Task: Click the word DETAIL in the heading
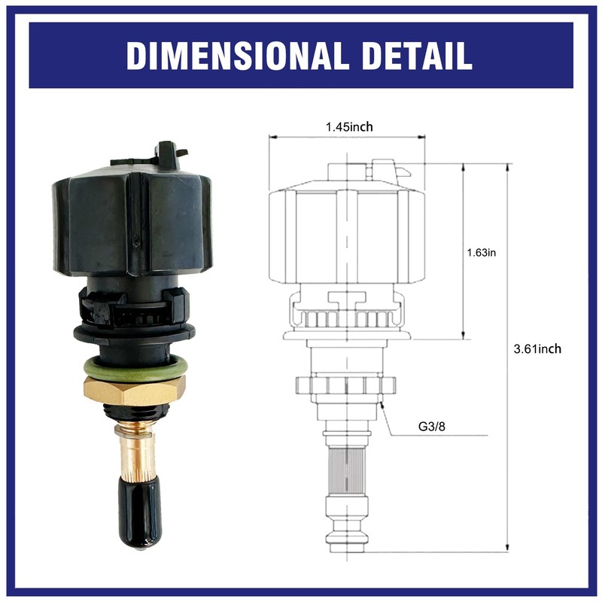(x=408, y=55)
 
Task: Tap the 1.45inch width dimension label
(x=348, y=126)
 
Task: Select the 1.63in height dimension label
(x=482, y=252)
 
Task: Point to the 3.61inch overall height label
(x=537, y=348)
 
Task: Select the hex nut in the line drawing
(x=347, y=385)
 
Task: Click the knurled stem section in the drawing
(x=347, y=464)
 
